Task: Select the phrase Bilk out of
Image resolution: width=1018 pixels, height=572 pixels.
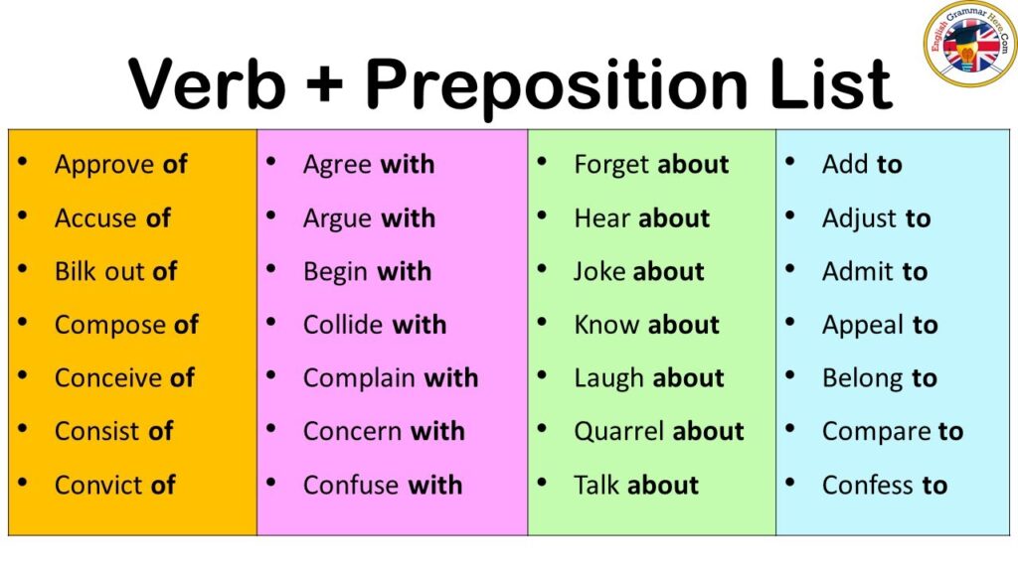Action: pos(116,271)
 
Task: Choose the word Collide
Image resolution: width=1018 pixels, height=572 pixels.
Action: pos(343,325)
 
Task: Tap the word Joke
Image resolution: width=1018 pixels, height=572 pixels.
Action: pos(600,271)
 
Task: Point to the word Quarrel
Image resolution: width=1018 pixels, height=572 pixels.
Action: pos(618,432)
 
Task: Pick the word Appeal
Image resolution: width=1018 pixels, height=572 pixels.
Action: pos(863,326)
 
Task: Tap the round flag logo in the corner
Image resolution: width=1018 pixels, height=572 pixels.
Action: pos(970,44)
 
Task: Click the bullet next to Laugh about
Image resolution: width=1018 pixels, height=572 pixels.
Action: pos(542,374)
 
